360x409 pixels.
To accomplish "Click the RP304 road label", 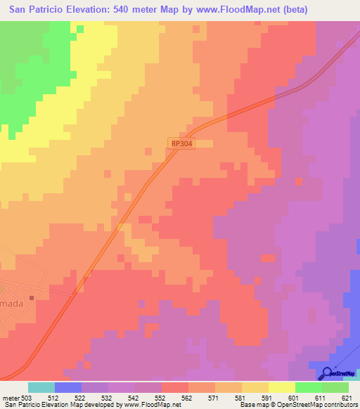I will pos(181,143).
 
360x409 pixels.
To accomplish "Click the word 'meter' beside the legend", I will pos(10,398).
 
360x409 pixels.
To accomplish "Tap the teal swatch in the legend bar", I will pos(41,387).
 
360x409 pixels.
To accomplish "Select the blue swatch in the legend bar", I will pos(68,387).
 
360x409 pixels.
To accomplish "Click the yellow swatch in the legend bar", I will pos(281,387).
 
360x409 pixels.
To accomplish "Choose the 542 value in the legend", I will pos(134,398).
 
